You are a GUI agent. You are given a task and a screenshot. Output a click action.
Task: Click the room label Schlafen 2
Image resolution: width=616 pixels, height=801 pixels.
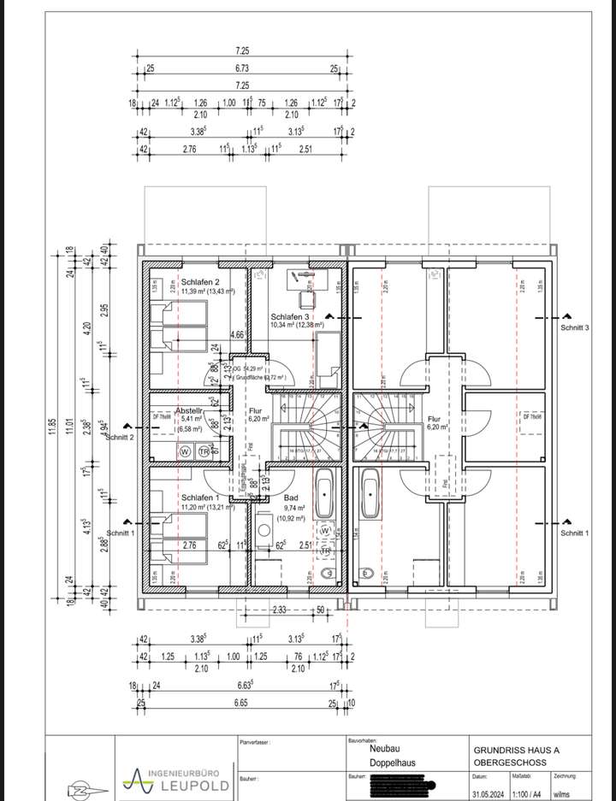click(200, 282)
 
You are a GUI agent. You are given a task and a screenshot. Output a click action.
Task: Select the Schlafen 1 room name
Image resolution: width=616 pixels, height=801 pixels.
click(200, 498)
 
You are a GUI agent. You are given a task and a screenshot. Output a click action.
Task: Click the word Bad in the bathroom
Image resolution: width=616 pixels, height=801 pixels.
click(291, 497)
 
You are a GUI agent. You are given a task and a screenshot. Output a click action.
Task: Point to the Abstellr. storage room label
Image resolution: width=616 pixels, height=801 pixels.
click(190, 410)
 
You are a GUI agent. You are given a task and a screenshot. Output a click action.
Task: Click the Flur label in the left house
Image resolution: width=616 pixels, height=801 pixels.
click(255, 410)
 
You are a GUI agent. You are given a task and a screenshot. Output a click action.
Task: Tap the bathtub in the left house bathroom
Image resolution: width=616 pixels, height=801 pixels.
click(325, 494)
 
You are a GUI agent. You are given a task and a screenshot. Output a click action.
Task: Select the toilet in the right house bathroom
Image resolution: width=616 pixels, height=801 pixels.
click(369, 572)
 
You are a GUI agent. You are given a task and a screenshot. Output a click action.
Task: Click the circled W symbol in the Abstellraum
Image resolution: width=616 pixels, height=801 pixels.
click(184, 451)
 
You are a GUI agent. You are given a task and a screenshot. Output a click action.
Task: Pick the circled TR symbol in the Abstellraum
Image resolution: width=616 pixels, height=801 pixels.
click(204, 451)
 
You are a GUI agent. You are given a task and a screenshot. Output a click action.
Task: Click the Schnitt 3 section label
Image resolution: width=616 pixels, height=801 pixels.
click(575, 327)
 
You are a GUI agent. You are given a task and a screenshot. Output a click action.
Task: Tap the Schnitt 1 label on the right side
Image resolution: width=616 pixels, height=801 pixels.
click(575, 533)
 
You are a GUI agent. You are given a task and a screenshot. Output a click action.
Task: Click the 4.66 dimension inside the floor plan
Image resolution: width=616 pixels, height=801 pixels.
click(238, 336)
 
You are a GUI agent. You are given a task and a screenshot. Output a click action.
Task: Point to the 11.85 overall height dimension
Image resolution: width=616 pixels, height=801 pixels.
click(51, 425)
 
